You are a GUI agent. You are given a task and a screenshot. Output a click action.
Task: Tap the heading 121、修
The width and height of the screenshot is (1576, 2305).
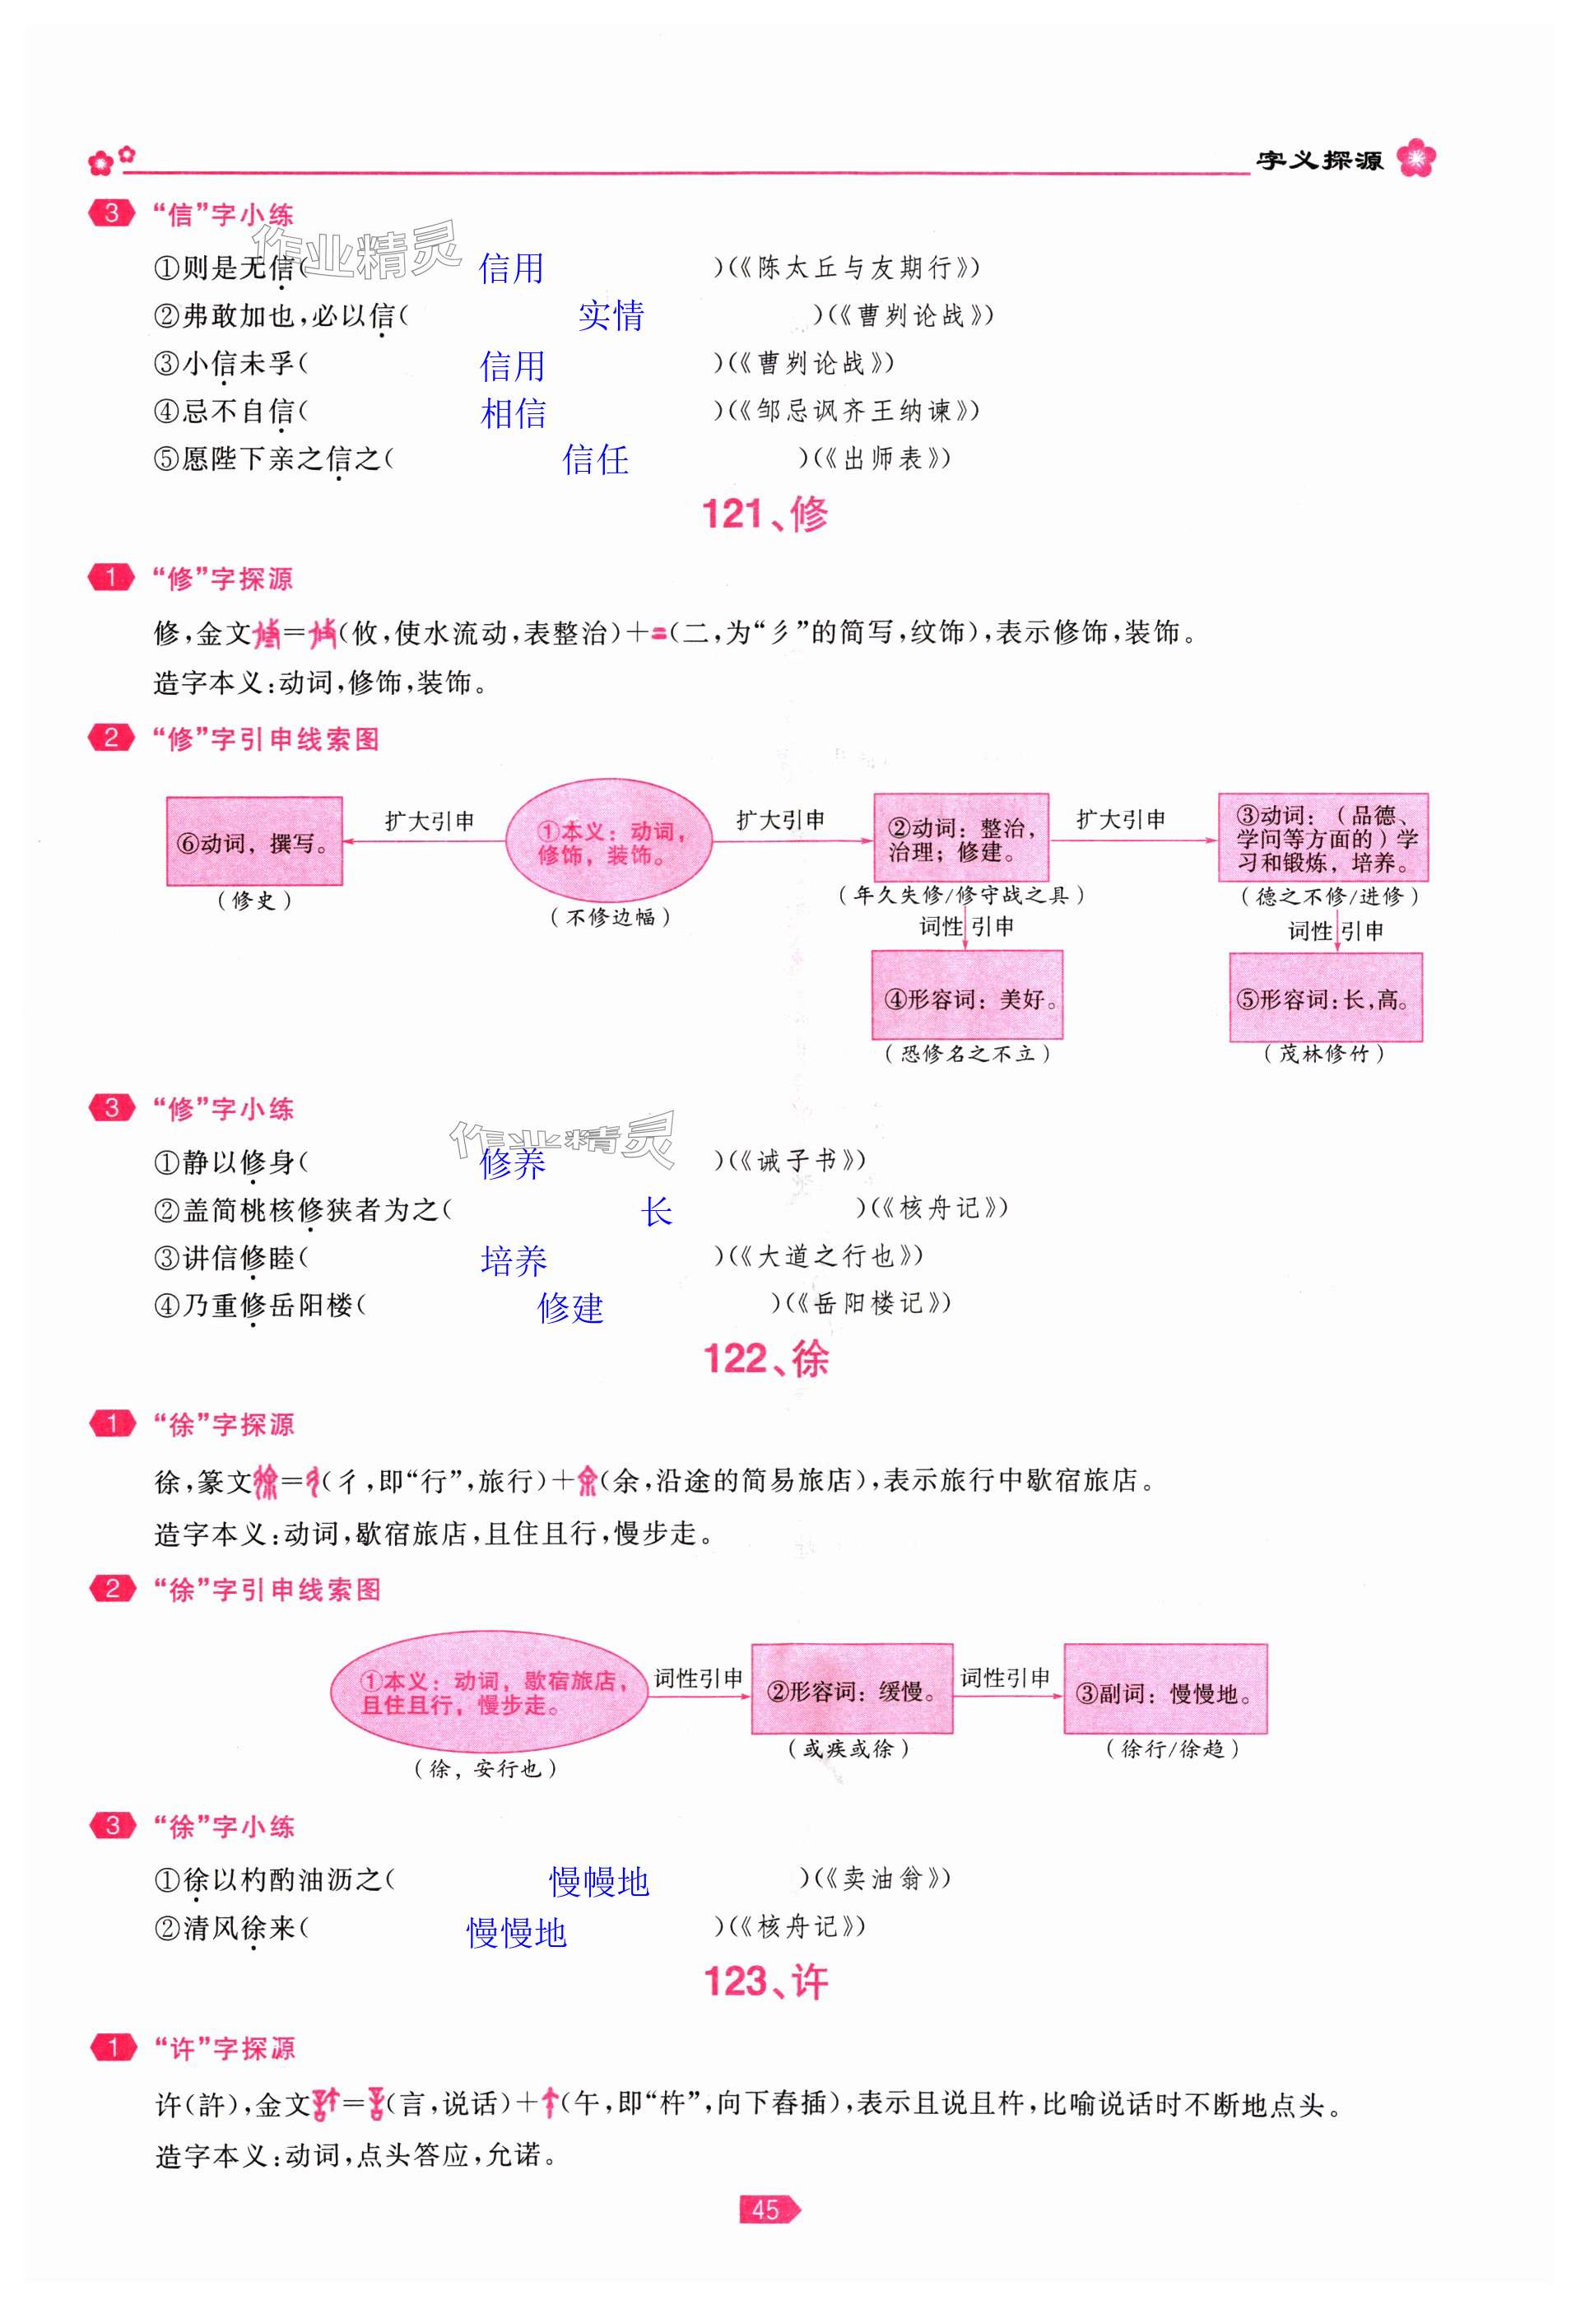point(765,514)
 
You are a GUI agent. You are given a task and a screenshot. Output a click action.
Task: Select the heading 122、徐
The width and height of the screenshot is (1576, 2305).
point(765,1359)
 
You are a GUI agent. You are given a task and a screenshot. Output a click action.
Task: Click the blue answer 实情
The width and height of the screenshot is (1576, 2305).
point(611,315)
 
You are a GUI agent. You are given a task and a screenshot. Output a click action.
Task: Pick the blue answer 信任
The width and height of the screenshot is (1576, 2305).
point(595,459)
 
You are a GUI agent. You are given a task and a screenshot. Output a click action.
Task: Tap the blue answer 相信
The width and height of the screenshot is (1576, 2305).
point(513,412)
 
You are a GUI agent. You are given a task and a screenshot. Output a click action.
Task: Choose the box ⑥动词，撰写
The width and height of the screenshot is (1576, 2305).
point(254,842)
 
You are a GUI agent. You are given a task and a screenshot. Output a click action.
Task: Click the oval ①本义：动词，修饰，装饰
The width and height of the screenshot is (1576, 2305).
point(609,842)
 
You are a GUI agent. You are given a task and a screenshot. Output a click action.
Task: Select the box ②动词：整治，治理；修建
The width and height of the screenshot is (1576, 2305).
point(960,838)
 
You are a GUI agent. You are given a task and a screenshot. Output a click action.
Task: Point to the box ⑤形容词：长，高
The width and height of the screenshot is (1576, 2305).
point(1325,998)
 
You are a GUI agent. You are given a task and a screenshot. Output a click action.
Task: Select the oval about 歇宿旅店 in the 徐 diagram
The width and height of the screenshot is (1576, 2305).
point(488,1690)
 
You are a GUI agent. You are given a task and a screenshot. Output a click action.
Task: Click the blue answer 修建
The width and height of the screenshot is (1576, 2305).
point(570,1308)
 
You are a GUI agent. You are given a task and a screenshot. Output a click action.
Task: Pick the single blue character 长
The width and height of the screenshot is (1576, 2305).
point(656,1211)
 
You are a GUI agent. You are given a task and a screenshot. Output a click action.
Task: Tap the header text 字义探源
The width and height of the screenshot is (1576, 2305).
point(1319,161)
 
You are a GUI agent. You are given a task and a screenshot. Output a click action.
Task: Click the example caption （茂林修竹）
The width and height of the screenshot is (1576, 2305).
point(1324,1054)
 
